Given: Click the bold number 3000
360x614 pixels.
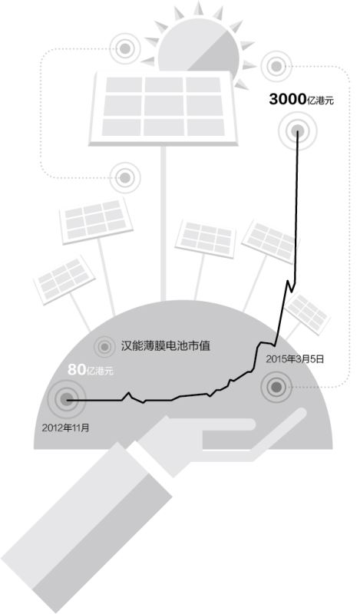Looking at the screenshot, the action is [287, 100].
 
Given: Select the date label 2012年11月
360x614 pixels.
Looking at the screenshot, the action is [66, 427].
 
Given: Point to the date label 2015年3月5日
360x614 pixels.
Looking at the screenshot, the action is [295, 358].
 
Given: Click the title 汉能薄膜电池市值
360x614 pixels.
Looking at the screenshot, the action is [165, 346].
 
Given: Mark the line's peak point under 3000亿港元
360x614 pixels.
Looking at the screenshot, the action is [298, 130].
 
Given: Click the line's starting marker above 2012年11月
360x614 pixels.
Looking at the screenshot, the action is [67, 400].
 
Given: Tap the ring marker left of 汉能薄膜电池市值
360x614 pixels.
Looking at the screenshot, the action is [104, 347].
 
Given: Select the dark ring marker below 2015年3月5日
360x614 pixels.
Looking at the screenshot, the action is [276, 387].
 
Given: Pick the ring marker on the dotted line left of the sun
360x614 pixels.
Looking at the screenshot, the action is [125, 48].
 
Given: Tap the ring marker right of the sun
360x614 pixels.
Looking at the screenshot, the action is [276, 66].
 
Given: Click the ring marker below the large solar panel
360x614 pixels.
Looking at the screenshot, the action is [125, 178].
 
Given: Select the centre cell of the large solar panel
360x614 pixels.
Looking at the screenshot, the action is [163, 106].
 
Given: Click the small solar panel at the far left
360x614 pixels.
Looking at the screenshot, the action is [64, 279].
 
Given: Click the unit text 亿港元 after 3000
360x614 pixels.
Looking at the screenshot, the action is [320, 101].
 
